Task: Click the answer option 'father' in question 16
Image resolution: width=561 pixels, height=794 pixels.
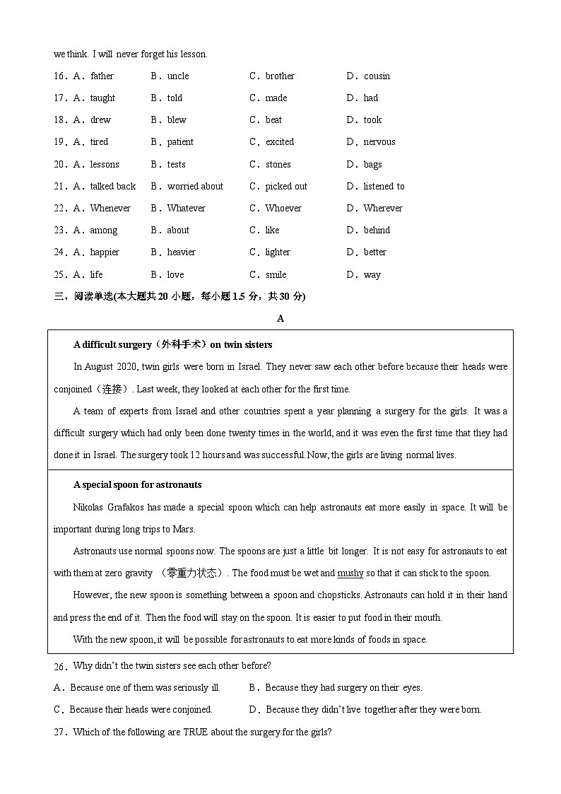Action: coord(102,76)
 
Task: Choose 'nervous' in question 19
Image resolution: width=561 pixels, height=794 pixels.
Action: coord(379,142)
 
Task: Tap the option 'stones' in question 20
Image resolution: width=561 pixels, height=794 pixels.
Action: coord(278,165)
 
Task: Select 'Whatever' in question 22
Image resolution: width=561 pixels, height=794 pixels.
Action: coord(186,209)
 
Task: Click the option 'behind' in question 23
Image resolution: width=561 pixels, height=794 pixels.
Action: coord(377,230)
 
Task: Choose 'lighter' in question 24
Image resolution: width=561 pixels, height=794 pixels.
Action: coord(278,252)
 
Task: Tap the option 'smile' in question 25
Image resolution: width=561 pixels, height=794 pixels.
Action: coord(276,275)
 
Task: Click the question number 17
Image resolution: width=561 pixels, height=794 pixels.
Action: coord(59,98)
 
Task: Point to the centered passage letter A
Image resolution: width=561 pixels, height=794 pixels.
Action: coord(280,319)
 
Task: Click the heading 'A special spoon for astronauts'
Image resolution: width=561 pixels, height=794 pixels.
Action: coord(137,485)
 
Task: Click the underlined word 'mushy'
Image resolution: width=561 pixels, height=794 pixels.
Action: coord(350,573)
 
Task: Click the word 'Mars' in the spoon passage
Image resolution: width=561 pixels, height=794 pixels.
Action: coord(184,530)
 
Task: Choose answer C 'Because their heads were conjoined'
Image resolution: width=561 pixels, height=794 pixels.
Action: coord(140,710)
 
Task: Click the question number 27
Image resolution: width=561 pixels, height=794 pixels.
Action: coord(59,732)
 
